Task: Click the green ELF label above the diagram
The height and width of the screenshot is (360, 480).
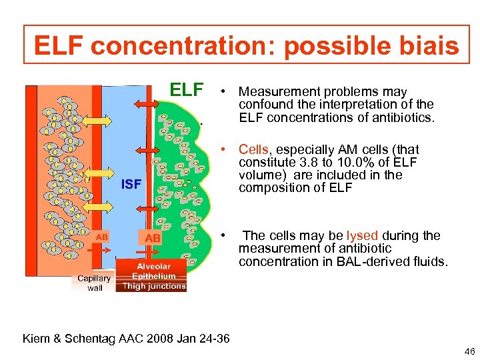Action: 187,89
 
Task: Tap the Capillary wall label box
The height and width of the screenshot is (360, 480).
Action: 94,283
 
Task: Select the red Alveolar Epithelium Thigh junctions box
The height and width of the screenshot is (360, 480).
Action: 153,276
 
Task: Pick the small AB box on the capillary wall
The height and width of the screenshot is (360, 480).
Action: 101,237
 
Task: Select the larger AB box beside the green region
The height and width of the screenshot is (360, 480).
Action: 152,237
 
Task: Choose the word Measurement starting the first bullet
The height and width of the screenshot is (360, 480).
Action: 275,91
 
